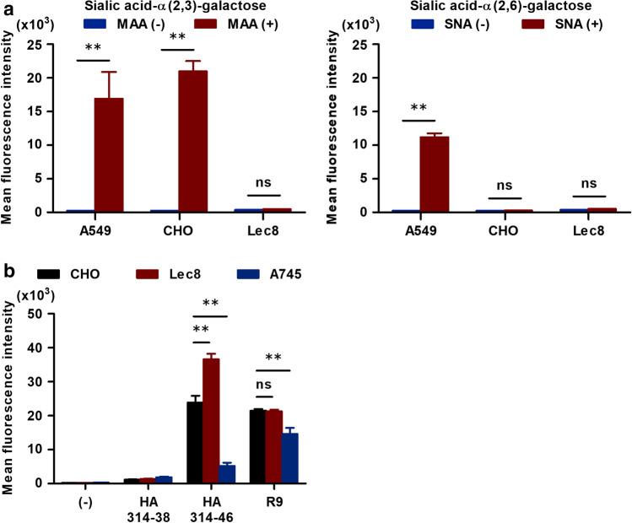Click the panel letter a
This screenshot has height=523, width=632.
(x=8, y=8)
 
